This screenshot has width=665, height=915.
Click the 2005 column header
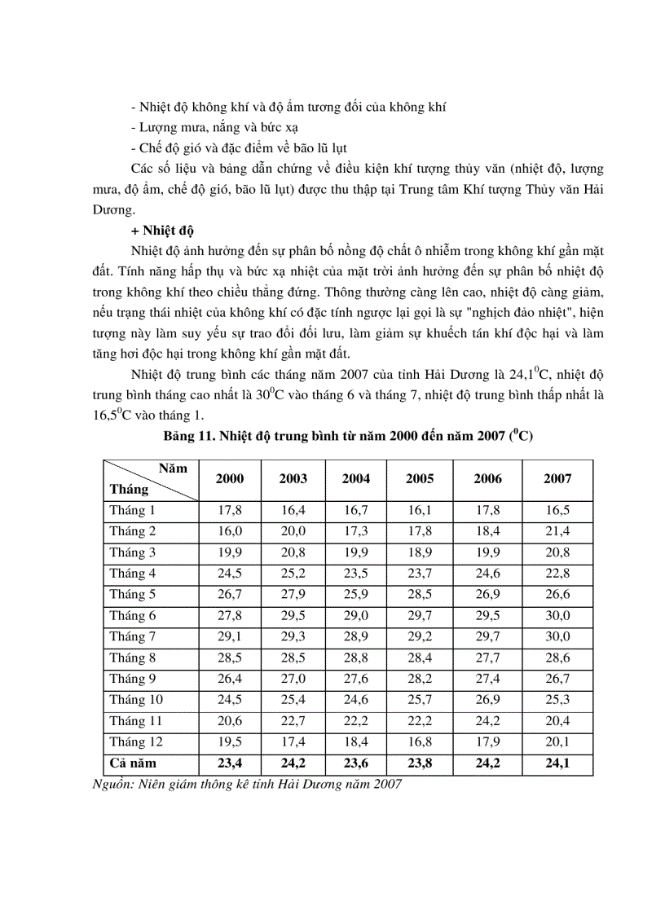click(x=419, y=479)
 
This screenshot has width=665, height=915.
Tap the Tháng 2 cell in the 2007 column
click(x=557, y=531)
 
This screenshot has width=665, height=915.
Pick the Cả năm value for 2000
click(x=229, y=763)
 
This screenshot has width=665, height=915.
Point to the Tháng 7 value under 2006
click(x=487, y=637)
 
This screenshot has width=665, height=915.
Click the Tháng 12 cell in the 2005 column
click(x=419, y=742)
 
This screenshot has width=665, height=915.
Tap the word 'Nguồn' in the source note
click(x=110, y=784)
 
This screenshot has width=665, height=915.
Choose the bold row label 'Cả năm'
click(x=132, y=763)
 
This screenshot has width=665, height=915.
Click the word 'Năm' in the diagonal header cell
click(x=173, y=468)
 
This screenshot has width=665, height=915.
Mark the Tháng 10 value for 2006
click(x=487, y=700)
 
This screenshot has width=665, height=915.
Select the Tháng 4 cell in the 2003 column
click(x=293, y=574)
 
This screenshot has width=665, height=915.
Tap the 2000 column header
click(x=229, y=479)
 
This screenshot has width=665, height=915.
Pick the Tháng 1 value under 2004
click(x=355, y=510)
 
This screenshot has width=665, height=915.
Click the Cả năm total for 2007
click(x=557, y=763)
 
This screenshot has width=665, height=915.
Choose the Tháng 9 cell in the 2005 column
click(x=419, y=679)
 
